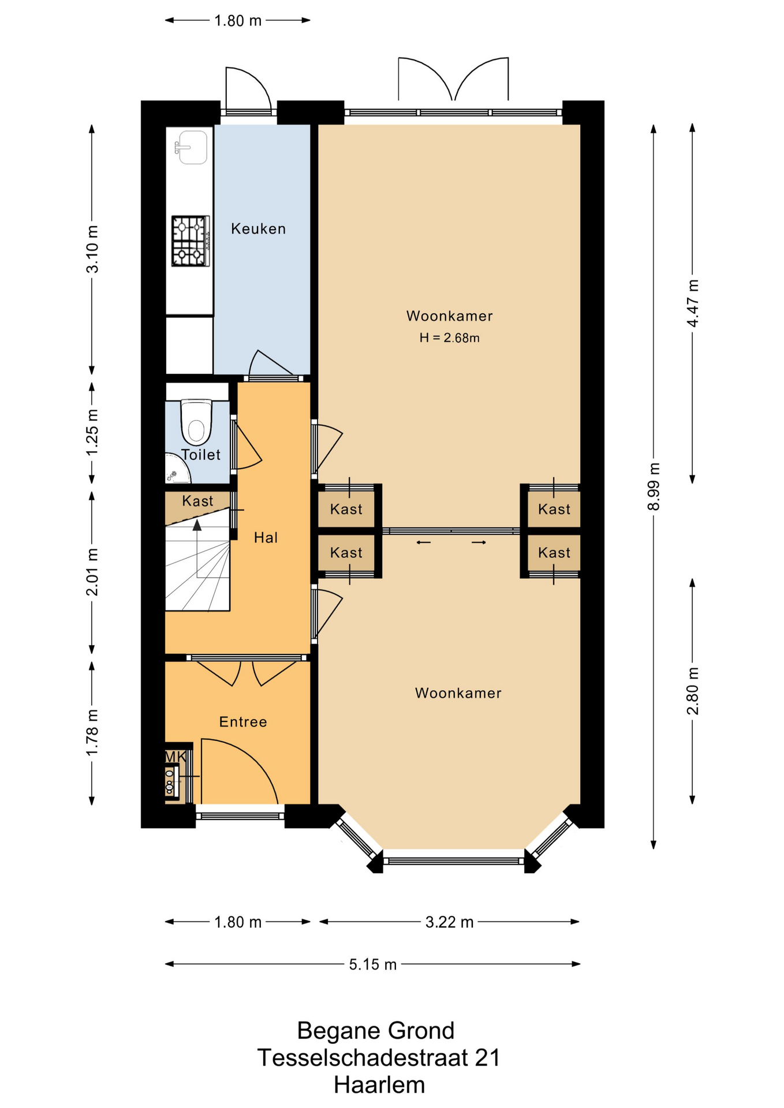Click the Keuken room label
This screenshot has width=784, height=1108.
pos(258,229)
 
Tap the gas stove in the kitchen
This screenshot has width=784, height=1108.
pos(191,241)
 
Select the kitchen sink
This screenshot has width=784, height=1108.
pos(192,147)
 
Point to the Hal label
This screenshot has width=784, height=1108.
pos(266,538)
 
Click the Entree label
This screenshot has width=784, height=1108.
pos(243,722)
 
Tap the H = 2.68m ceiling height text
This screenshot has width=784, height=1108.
pos(449,338)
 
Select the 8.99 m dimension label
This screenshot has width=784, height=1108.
pos(654,486)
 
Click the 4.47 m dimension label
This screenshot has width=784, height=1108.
pos(693,304)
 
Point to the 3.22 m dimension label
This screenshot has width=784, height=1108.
pos(449,922)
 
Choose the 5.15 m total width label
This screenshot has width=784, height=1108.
pos(372,964)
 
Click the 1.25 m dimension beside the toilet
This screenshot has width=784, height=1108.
pos(92,432)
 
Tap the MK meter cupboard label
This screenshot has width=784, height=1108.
pos(176,757)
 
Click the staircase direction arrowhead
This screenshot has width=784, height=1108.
pos(197,525)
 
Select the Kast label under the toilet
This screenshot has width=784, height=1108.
pos(197,501)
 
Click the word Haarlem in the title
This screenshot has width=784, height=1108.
pos(379,1085)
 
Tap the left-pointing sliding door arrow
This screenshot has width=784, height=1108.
pos(424,542)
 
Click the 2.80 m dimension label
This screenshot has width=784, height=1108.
pos(693,691)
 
